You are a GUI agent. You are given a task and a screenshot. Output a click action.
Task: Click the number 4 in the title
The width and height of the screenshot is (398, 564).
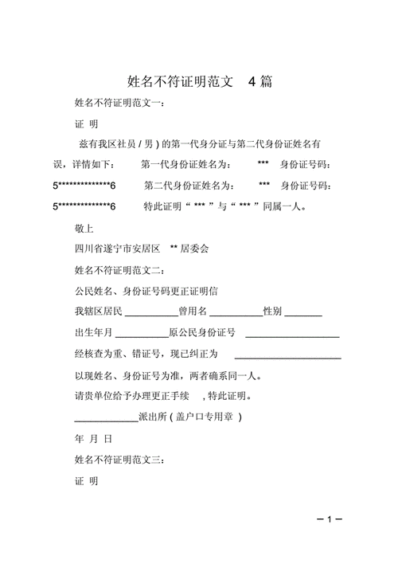[252, 81]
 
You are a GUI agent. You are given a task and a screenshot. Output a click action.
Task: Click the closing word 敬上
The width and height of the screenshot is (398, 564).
[84, 228]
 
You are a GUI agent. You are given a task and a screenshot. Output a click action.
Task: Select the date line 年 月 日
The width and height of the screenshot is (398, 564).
[94, 439]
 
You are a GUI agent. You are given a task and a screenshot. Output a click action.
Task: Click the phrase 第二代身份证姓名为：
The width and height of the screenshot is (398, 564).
[189, 186]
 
